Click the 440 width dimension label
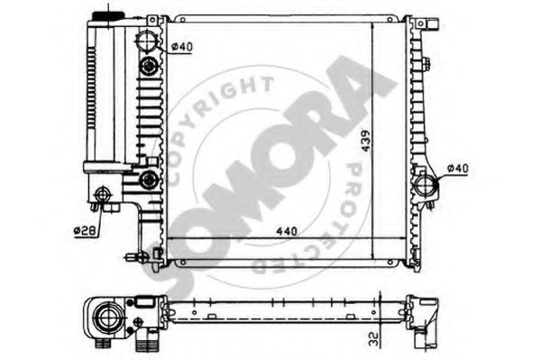pos(287,231)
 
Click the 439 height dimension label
pos(366,141)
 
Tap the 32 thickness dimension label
pos(373,339)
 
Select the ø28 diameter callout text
pos(85,230)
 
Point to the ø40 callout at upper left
pos(182,47)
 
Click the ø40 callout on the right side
pos(458,169)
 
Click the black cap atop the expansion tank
pos(108,15)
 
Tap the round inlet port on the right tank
pos(426,186)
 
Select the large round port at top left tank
pos(148,41)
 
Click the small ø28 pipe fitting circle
pos(102,195)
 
